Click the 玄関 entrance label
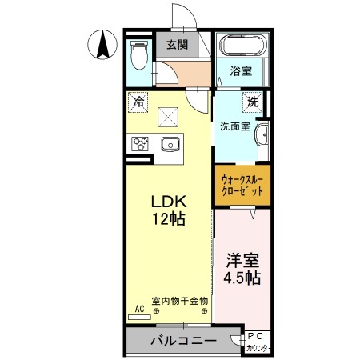tap(177, 44)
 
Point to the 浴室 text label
tap(242, 70)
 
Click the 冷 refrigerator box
tap(138, 102)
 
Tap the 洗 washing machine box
tap(253, 102)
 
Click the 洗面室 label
tap(235, 126)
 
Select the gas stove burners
tap(139, 144)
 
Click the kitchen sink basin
tap(170, 144)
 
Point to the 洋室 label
tap(242, 260)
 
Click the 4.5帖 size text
tap(242, 278)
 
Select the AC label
tap(139, 309)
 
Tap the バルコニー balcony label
tap(184, 341)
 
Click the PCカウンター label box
tap(258, 342)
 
